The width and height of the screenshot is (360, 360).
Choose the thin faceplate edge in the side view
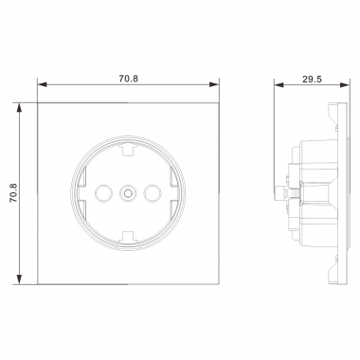pos(336,195)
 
